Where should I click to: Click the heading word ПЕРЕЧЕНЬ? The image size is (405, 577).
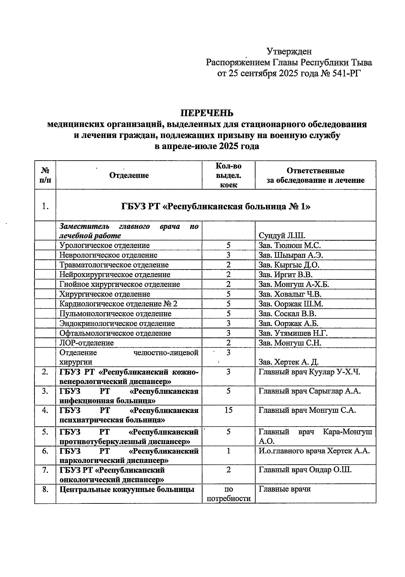tap(206, 113)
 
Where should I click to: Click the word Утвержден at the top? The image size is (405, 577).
tap(289, 51)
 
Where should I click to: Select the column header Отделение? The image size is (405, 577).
tap(129, 175)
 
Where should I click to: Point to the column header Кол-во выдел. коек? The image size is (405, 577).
tap(228, 175)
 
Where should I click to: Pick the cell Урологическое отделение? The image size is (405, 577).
tap(104, 245)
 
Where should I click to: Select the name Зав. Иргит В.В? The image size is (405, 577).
tap(286, 275)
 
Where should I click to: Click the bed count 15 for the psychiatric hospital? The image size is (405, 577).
tap(228, 410)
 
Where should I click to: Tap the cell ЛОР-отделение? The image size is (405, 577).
tap(86, 343)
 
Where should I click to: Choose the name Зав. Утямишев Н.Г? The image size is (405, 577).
tap(293, 333)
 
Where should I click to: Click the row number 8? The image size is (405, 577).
tap(45, 489)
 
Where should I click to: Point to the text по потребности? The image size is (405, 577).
tap(228, 494)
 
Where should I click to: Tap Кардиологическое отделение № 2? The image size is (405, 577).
tap(118, 304)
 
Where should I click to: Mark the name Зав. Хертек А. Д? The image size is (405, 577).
tap(289, 362)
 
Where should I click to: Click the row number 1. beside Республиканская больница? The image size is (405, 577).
tap(45, 206)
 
